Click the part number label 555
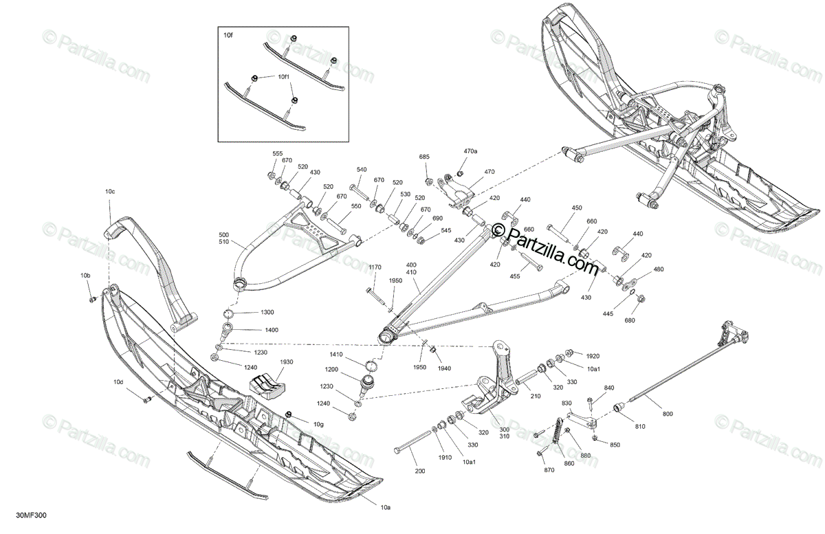point(278,153)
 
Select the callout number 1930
point(287,362)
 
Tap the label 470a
point(470,151)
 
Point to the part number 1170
point(374,267)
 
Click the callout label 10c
point(110,190)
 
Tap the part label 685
point(424,157)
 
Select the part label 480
point(659,269)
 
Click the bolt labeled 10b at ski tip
point(91,299)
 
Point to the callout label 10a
point(386,508)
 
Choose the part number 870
point(549,469)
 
